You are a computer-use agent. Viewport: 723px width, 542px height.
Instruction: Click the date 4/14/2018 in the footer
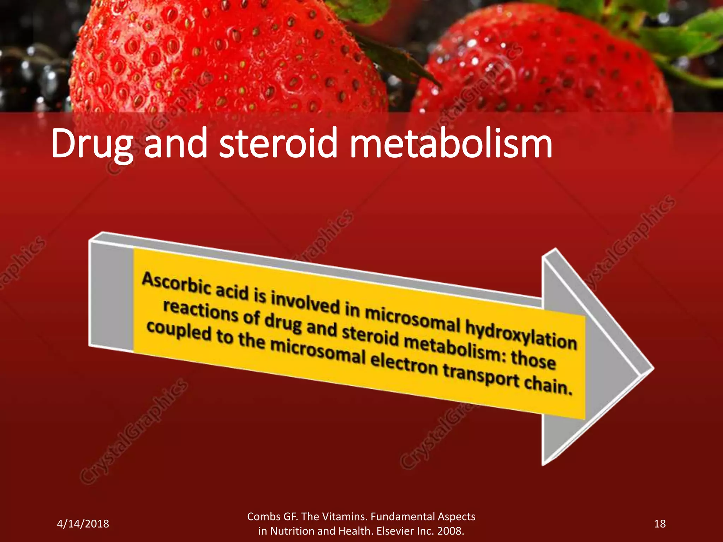pos(83,524)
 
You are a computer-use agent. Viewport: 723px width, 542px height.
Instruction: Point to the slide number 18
pos(659,524)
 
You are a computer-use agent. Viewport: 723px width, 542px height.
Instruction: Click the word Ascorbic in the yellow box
pos(177,284)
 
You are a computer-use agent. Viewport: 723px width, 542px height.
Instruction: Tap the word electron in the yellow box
pos(404,364)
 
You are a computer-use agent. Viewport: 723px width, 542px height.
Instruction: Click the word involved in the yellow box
pos(305,303)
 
